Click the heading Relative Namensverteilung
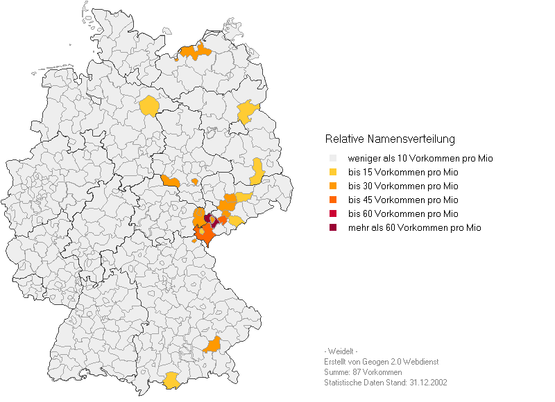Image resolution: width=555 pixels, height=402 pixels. [390, 139]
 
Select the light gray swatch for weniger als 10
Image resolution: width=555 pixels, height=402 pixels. [332, 159]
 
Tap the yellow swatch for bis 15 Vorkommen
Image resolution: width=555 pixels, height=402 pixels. [332, 173]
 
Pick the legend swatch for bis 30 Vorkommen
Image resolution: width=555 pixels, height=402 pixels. [332, 186]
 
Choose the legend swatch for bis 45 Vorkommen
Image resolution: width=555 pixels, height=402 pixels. [332, 200]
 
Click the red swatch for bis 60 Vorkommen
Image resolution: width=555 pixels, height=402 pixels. [332, 214]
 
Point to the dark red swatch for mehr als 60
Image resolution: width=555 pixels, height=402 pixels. [332, 228]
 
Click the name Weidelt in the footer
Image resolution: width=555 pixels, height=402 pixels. [341, 351]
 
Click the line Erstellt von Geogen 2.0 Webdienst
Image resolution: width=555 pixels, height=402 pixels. [381, 362]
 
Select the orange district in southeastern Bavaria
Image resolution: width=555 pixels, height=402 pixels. [212, 344]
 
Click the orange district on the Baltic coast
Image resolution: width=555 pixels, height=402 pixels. [195, 52]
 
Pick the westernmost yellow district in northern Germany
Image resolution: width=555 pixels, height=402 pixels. [148, 106]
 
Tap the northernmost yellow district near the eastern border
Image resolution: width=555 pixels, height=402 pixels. [247, 111]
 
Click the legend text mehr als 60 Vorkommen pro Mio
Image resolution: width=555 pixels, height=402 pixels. [414, 228]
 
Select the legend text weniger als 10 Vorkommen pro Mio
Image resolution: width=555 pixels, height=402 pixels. [420, 159]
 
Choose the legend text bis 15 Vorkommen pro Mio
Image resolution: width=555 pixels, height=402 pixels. [403, 173]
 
